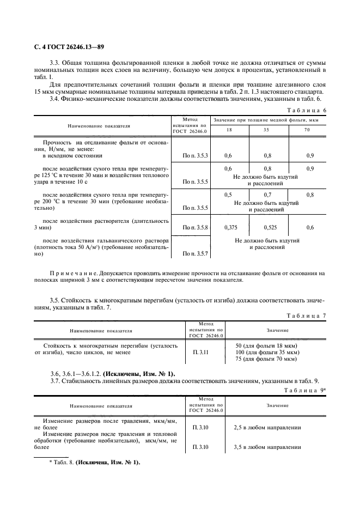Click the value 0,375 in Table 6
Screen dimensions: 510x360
tap(228, 227)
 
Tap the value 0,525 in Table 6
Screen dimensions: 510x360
tap(267, 227)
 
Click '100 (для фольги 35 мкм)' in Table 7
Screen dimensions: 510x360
tap(267, 353)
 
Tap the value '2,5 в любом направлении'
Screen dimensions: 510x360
tap(267, 427)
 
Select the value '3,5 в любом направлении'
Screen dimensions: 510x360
tap(267, 447)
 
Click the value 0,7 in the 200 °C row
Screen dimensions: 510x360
tap(267, 195)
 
